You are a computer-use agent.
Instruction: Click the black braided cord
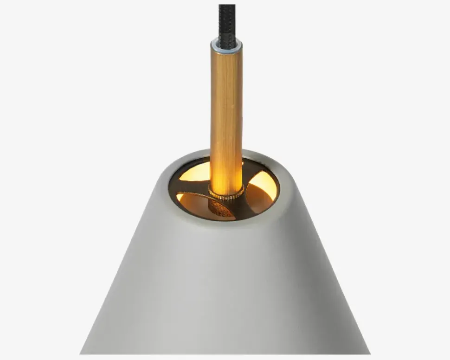click(x=227, y=21)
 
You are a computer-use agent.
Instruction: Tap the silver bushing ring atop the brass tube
click(x=226, y=45)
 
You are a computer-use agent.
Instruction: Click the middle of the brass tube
click(x=226, y=116)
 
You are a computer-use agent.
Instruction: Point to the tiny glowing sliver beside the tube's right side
click(x=243, y=163)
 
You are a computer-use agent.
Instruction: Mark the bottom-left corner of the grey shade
click(x=82, y=353)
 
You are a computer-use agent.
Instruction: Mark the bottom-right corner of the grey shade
click(x=368, y=353)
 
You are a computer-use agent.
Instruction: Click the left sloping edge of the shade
click(x=125, y=260)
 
